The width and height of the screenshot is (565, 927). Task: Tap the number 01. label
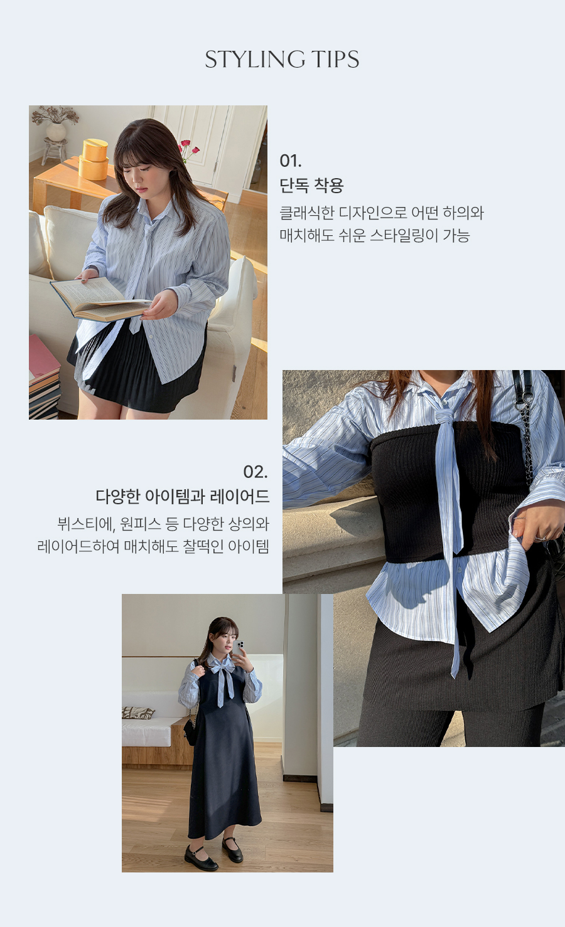[x=291, y=161]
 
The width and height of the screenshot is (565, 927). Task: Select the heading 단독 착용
[x=311, y=185]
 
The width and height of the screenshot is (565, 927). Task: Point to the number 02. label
[x=256, y=472]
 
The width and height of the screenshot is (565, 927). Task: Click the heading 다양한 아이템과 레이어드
[x=182, y=496]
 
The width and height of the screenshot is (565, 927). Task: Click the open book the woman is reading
[x=99, y=299]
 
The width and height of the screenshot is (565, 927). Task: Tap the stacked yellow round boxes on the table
[x=94, y=159]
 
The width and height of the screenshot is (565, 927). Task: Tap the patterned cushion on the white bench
[x=138, y=712]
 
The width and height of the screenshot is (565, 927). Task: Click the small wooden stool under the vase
[x=55, y=151]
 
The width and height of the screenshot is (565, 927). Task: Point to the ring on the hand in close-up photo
[x=540, y=538]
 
